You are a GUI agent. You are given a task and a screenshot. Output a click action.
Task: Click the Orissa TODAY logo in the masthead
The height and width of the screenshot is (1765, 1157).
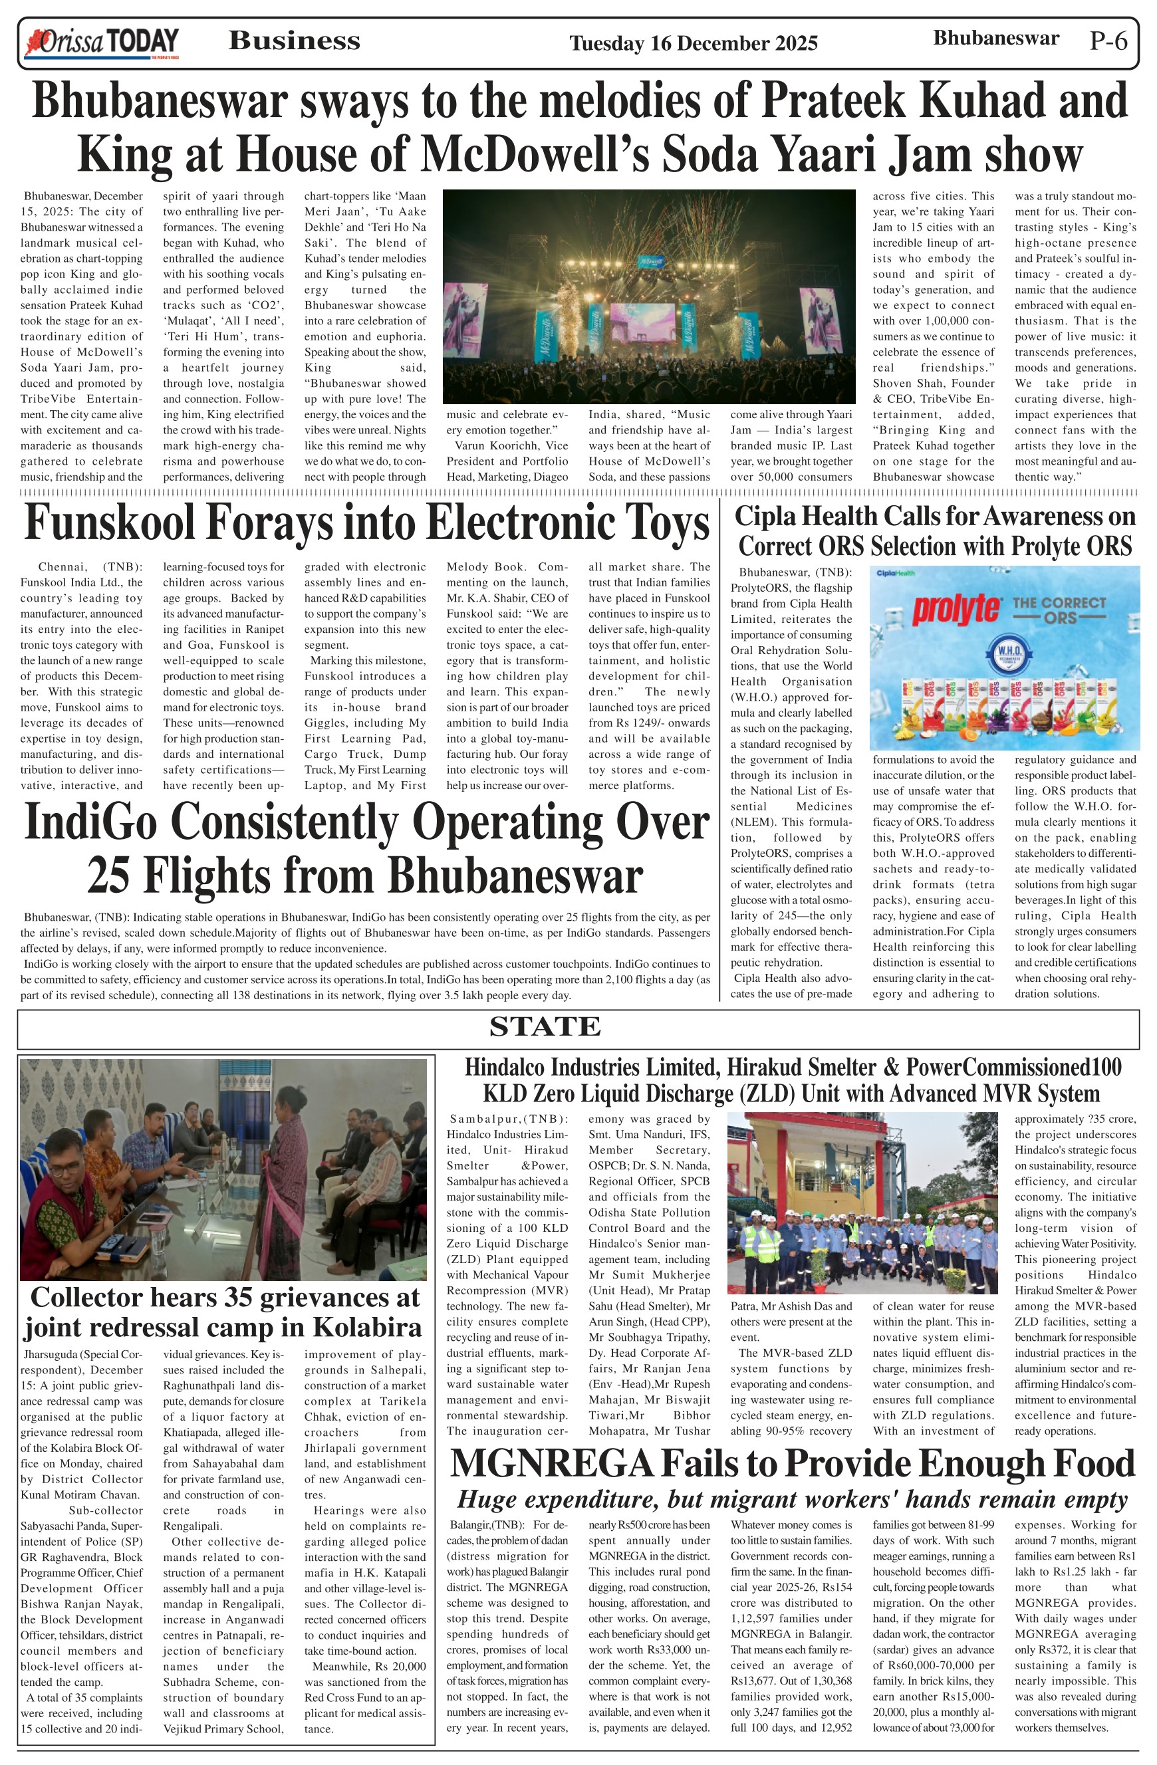pos(102,43)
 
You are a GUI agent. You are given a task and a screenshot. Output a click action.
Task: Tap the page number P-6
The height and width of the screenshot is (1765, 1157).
pos(1108,41)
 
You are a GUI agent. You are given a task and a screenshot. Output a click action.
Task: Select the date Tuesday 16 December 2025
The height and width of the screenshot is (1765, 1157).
pos(693,44)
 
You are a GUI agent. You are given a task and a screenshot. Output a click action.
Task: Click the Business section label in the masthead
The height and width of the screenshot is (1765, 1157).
pos(294,41)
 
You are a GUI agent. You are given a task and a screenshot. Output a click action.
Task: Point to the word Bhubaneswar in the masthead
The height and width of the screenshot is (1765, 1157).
pos(995,38)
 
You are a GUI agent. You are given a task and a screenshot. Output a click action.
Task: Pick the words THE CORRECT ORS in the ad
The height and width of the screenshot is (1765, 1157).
pos(1059,610)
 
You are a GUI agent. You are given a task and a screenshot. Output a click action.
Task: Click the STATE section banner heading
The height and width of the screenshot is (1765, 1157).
pos(545,1027)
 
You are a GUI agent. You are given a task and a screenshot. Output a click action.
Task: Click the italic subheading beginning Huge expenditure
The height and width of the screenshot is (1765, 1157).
pos(791,1500)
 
